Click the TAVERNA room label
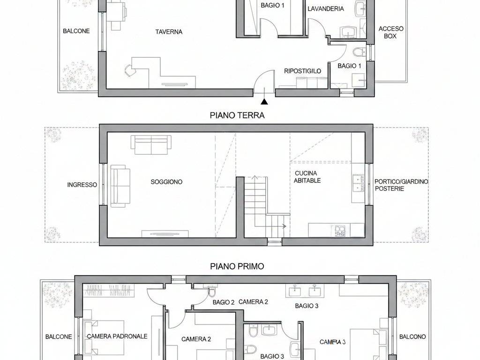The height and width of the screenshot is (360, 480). (169, 32)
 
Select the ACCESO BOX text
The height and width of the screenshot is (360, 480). (390, 32)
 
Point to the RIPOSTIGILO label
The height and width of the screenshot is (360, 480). (303, 71)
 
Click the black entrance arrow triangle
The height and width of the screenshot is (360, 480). (265, 101)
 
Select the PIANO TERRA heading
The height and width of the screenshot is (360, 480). (237, 115)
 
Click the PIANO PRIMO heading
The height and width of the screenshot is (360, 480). (237, 266)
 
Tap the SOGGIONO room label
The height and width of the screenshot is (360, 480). (166, 182)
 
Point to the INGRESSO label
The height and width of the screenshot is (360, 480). (82, 185)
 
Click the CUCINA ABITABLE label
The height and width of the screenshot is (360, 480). (307, 177)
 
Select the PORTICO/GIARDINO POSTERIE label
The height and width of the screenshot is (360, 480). (401, 185)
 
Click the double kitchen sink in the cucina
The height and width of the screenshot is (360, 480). (359, 183)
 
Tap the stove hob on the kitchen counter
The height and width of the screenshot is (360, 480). (339, 230)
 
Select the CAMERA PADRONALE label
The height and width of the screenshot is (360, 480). (117, 336)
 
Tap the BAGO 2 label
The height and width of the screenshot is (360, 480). (223, 302)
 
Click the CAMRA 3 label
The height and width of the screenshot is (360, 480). (332, 342)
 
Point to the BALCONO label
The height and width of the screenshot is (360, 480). (412, 337)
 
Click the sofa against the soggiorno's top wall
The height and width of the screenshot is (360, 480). (151, 144)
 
